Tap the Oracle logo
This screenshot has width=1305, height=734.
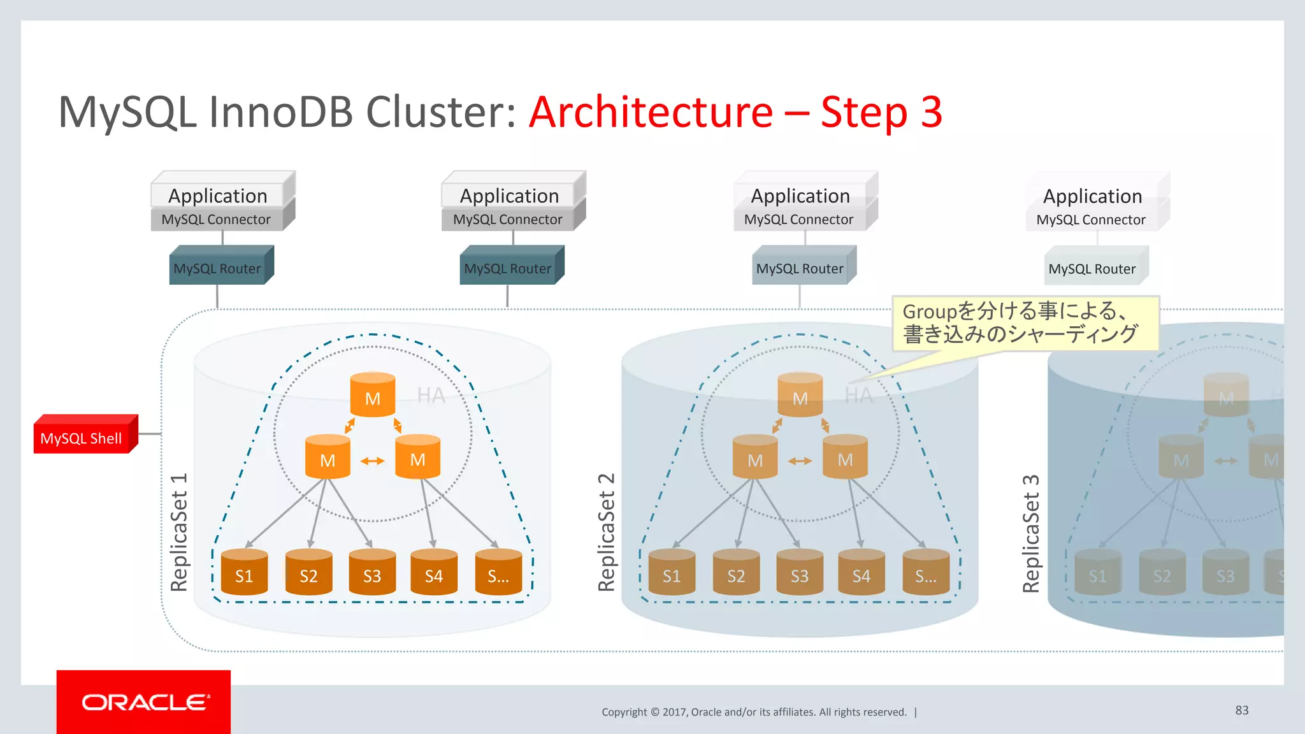tap(144, 702)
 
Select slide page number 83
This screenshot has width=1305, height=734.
tap(1241, 710)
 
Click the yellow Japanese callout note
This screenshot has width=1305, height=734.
tap(1024, 323)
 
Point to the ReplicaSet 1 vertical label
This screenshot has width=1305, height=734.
tap(179, 532)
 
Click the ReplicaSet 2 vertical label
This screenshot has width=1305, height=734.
tap(607, 532)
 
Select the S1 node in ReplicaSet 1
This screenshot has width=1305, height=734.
tap(244, 573)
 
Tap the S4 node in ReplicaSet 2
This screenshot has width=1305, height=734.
tap(861, 573)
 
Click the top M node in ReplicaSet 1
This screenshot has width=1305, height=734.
tap(373, 396)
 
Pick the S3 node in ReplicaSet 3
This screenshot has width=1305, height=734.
tap(1225, 573)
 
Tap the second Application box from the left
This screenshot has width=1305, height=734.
tap(510, 194)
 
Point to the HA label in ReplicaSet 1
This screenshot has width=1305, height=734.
tap(431, 396)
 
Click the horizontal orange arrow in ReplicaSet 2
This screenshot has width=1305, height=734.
tap(800, 461)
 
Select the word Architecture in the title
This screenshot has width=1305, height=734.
tap(650, 112)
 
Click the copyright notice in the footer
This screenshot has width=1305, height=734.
tap(754, 712)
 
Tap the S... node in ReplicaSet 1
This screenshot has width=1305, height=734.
tap(498, 573)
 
